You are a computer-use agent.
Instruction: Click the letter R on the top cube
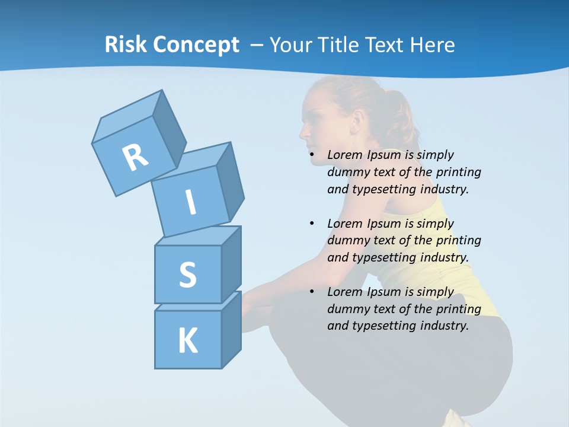pyautogui.click(x=135, y=158)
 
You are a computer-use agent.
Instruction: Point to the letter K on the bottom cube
pyautogui.click(x=187, y=341)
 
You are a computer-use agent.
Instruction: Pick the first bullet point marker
pyautogui.click(x=312, y=155)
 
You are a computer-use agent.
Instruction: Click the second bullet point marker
pyautogui.click(x=312, y=224)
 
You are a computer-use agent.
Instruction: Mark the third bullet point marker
pyautogui.click(x=312, y=292)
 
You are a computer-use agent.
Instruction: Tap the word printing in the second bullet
pyautogui.click(x=458, y=241)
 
